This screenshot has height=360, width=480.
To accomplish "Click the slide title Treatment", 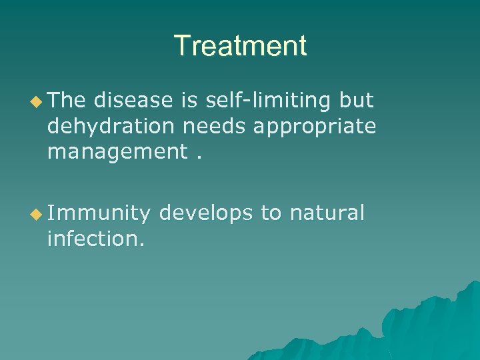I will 240,46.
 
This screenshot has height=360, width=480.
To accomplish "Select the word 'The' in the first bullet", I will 67,100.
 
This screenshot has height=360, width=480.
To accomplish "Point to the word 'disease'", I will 133,100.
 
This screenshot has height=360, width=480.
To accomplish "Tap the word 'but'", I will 357,100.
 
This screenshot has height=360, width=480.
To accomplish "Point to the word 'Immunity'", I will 99,213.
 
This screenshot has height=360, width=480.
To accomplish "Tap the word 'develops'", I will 206,213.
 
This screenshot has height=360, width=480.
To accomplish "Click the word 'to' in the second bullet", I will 271,214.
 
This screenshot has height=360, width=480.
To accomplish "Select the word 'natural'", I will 327,213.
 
